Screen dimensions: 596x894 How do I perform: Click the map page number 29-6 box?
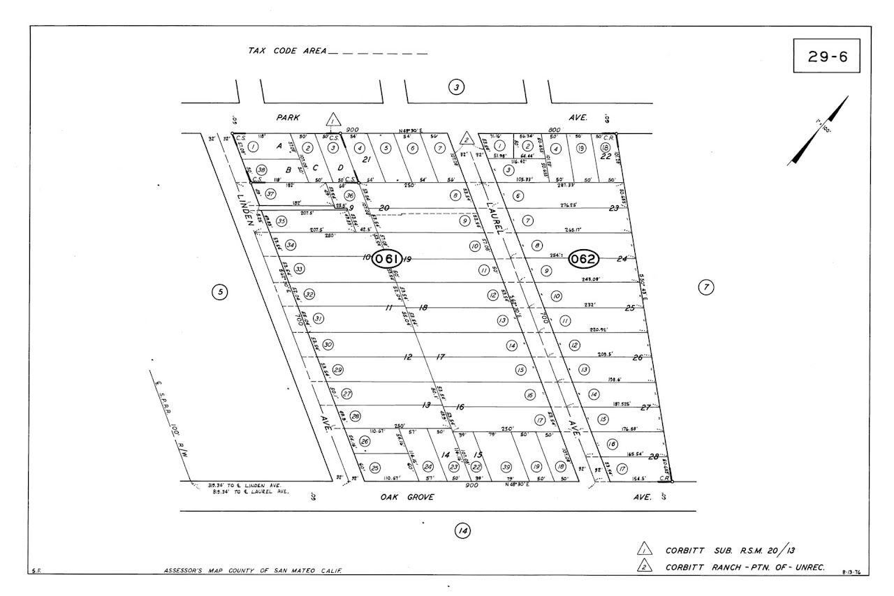point(828,57)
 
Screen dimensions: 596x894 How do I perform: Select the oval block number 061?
point(387,259)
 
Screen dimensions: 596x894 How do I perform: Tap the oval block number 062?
point(583,259)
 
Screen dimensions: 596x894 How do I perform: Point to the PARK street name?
point(288,118)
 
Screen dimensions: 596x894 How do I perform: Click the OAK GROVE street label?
point(407,497)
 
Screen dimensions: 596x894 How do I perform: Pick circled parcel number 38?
point(261,170)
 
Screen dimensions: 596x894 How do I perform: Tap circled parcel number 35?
point(281,221)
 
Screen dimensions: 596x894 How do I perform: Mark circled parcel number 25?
point(375,468)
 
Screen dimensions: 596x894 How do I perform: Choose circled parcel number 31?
point(318,319)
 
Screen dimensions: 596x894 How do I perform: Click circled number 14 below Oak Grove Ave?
point(462,531)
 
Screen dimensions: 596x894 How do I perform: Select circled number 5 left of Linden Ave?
point(219,292)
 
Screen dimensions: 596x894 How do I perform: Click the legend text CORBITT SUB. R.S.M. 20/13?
point(731,550)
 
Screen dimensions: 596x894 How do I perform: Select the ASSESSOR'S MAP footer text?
point(252,572)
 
